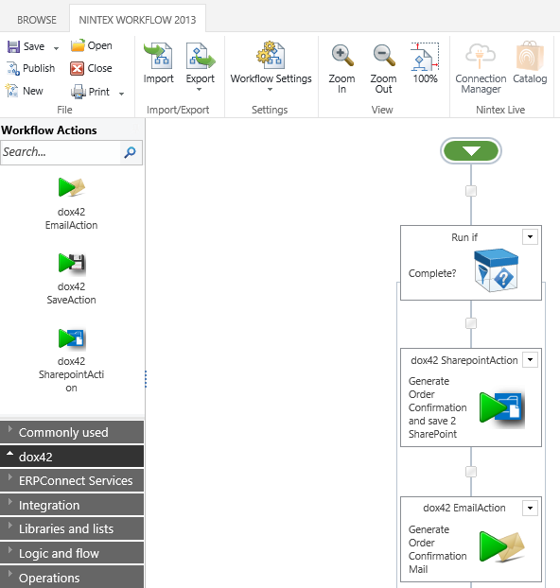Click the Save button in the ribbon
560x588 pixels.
point(26,46)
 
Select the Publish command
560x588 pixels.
point(31,68)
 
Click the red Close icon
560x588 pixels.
point(77,69)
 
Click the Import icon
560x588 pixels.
point(158,56)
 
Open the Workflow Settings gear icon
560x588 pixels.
point(271,56)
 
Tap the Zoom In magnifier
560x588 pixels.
point(342,56)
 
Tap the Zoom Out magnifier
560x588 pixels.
point(384,56)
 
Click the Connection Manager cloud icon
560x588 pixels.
point(481,56)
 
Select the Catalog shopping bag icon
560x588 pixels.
point(530,56)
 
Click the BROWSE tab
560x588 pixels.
point(37,20)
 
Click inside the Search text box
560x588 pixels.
point(60,152)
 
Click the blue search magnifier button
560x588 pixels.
point(131,152)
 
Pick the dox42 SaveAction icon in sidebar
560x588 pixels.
point(72,263)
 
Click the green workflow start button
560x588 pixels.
point(471,151)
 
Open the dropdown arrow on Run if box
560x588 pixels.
point(530,236)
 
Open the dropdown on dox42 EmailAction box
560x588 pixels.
point(530,509)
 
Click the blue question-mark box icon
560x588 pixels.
point(496,270)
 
